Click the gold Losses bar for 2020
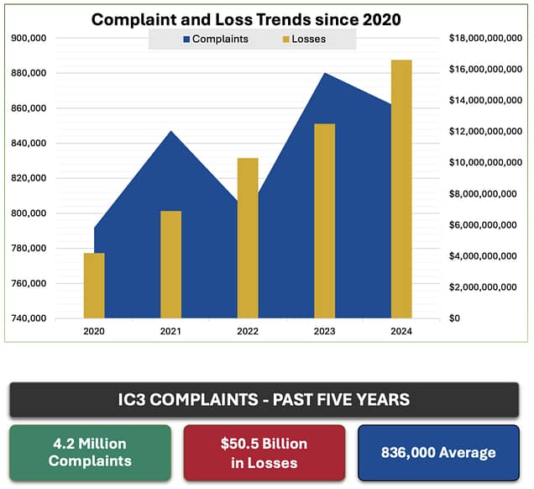[x=94, y=286]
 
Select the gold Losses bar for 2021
[x=170, y=265]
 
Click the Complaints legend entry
[x=216, y=39]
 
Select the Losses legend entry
[x=303, y=39]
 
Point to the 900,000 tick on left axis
[x=29, y=39]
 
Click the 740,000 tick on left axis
[x=29, y=318]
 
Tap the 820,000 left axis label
[x=29, y=178]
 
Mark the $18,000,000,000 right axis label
[x=486, y=39]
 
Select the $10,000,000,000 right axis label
[x=486, y=163]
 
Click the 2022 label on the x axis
[x=248, y=331]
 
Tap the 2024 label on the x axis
[x=401, y=331]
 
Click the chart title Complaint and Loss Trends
[x=245, y=18]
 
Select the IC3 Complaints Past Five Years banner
[x=264, y=399]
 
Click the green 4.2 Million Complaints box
[x=90, y=452]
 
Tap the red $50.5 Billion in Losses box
[x=264, y=452]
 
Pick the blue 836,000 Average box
[x=437, y=452]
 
